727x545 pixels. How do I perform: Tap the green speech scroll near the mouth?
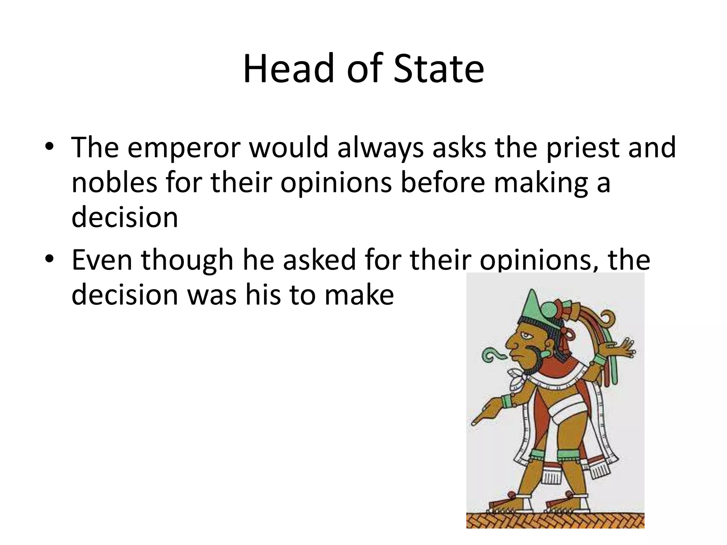point(492,355)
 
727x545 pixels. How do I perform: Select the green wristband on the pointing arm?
point(507,402)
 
